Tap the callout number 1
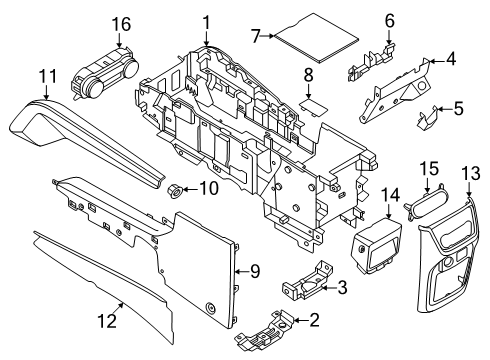click(206, 22)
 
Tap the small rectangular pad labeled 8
click(311, 101)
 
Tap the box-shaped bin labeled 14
click(374, 250)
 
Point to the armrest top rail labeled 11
click(80, 140)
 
